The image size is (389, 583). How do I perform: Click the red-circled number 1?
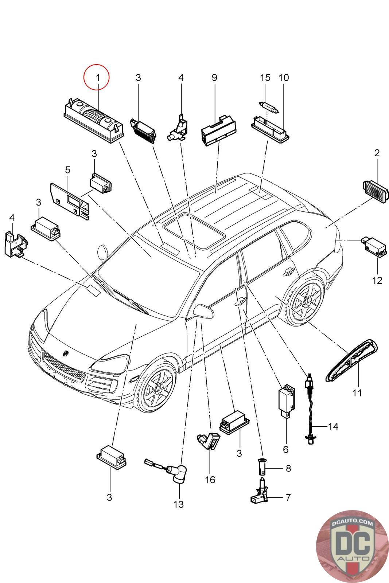97,77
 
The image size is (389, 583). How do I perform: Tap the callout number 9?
214,77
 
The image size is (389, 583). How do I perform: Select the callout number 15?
265,77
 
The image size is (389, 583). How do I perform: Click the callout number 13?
179,504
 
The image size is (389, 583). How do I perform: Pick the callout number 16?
210,480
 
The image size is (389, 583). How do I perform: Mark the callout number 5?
67,170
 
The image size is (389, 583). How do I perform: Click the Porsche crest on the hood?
66,353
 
